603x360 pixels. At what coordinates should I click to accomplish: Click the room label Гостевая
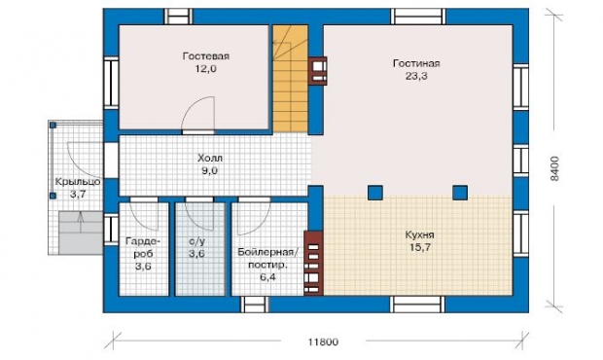click(206, 56)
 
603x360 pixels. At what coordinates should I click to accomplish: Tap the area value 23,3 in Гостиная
click(416, 76)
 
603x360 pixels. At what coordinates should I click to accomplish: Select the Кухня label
click(419, 234)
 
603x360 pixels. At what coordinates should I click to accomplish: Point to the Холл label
click(210, 158)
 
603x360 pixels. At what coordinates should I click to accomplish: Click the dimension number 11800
click(324, 342)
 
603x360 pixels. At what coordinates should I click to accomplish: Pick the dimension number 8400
click(554, 168)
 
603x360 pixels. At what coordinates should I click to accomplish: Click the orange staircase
click(291, 79)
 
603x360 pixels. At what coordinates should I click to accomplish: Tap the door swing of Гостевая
click(198, 113)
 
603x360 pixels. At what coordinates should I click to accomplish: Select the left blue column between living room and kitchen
click(375, 193)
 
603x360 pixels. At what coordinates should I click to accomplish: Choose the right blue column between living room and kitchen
click(460, 193)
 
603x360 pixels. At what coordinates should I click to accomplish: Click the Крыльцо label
click(78, 182)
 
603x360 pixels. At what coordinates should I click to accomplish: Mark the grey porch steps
click(81, 233)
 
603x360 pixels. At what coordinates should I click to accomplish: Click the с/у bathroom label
click(196, 241)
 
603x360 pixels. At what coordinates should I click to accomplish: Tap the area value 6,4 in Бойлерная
click(267, 277)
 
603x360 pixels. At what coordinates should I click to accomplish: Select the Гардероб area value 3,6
click(143, 267)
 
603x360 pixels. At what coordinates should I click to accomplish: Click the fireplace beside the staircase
click(318, 71)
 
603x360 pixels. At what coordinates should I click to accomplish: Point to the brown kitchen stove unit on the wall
click(313, 263)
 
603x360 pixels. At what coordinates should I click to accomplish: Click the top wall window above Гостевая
click(178, 17)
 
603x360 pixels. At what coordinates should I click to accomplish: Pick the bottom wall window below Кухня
click(417, 305)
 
